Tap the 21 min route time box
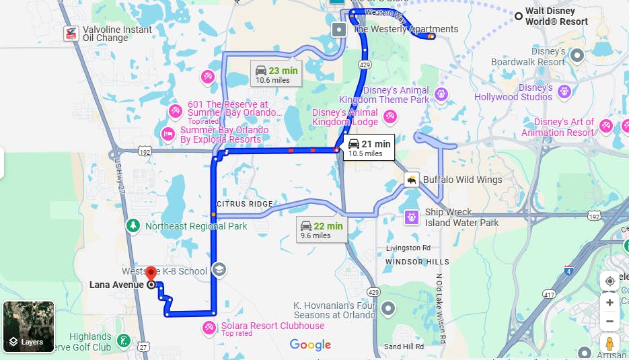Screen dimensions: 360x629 (x=368, y=147)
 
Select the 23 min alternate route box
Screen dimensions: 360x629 (x=275, y=74)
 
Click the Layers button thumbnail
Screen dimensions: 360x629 (x=28, y=327)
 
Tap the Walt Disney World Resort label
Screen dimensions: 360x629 (x=556, y=16)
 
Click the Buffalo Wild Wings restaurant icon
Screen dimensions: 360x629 (x=411, y=180)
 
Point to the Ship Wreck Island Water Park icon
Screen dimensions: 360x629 (x=411, y=217)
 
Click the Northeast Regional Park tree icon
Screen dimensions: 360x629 (x=134, y=226)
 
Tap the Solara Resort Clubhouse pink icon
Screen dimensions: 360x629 (x=210, y=328)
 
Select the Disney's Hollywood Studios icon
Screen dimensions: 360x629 (x=564, y=91)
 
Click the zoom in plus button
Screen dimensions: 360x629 (x=609, y=303)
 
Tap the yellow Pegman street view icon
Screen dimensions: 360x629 (x=609, y=344)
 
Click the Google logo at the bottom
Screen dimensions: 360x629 (x=311, y=345)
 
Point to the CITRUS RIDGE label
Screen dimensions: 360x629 (x=245, y=204)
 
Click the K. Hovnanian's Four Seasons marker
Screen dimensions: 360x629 (x=387, y=309)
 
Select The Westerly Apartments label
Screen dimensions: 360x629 (x=406, y=29)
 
